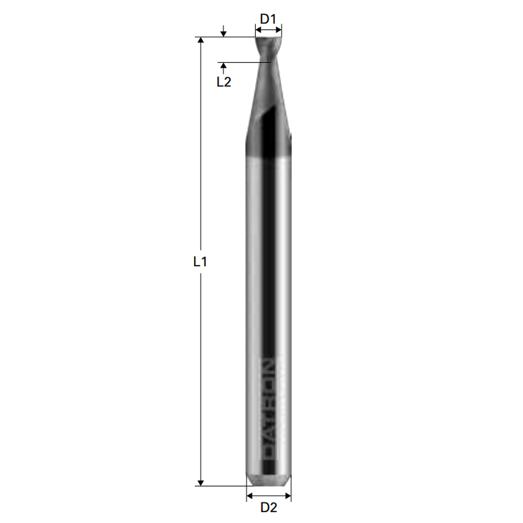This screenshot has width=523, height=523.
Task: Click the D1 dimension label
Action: point(268,19)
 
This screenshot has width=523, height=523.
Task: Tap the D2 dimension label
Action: point(269,507)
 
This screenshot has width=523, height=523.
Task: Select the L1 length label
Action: point(200,261)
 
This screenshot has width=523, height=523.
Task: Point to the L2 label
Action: point(223,82)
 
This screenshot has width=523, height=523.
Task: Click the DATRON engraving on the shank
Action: point(268,410)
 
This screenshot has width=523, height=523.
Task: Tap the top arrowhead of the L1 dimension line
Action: point(200,40)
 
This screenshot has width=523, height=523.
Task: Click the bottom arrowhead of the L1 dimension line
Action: point(200,482)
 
